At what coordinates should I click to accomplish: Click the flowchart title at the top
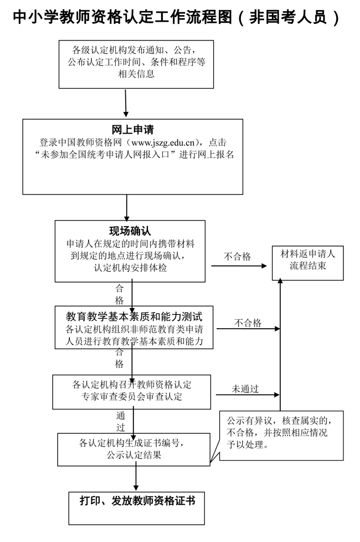click(176, 17)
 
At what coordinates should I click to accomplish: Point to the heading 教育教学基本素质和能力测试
click(134, 317)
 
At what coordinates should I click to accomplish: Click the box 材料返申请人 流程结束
click(307, 260)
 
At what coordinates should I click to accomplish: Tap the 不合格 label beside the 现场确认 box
click(237, 257)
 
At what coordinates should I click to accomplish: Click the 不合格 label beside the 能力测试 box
click(248, 323)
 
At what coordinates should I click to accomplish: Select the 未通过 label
click(245, 388)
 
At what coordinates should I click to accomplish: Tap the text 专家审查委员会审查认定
click(132, 397)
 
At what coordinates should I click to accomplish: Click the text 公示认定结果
click(135, 456)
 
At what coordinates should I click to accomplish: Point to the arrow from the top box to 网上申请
click(127, 103)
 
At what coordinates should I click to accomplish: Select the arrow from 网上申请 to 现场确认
click(127, 207)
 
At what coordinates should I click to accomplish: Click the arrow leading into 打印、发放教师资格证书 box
click(136, 478)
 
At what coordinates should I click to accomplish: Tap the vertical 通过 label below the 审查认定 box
click(121, 421)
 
